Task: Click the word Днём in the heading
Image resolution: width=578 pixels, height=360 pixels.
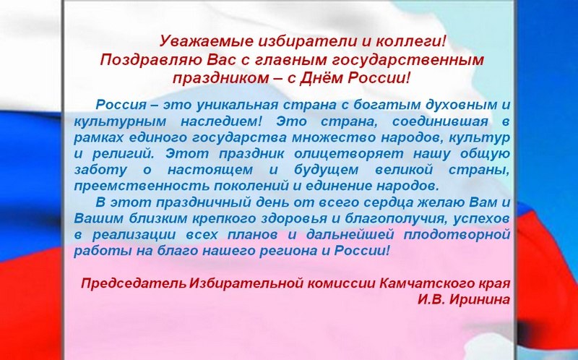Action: [x=322, y=78]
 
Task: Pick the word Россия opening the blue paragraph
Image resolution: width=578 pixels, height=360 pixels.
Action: [x=121, y=105]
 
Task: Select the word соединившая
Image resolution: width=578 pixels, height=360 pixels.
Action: [x=440, y=121]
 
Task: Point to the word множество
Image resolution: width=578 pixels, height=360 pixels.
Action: [x=334, y=137]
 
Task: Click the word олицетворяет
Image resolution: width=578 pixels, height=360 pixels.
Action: [x=349, y=154]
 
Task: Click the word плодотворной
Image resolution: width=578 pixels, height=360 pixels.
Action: [x=457, y=235]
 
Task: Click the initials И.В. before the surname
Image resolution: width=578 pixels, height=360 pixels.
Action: [x=431, y=299]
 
